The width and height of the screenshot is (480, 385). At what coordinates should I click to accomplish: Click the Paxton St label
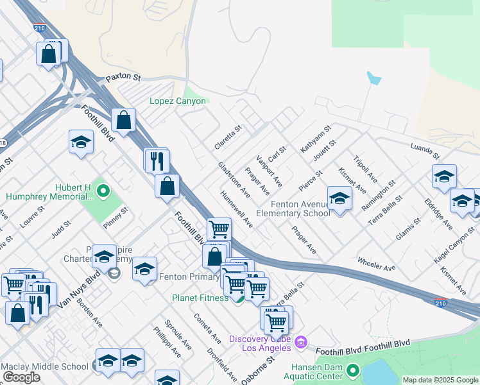123,77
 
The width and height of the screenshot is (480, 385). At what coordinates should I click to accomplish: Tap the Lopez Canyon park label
178,101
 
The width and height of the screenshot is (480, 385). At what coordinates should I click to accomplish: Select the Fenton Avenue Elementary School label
293,208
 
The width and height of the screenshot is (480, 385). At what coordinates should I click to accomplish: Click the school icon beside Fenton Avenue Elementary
339,198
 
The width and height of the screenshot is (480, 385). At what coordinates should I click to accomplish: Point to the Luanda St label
425,151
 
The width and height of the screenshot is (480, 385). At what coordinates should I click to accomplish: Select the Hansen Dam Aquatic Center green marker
352,370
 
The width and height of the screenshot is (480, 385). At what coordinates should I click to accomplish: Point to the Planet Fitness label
200,298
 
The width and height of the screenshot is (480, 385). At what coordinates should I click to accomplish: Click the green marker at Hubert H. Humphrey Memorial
105,190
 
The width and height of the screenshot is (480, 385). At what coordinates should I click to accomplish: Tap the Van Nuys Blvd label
78,289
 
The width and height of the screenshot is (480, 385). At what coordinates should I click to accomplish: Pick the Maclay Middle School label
44,366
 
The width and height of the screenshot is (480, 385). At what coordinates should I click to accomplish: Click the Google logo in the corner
21,377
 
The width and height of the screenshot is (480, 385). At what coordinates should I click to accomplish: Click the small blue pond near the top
373,79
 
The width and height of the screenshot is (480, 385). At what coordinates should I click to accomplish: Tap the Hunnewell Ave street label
236,209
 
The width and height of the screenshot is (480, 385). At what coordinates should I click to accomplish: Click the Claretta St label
228,137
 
